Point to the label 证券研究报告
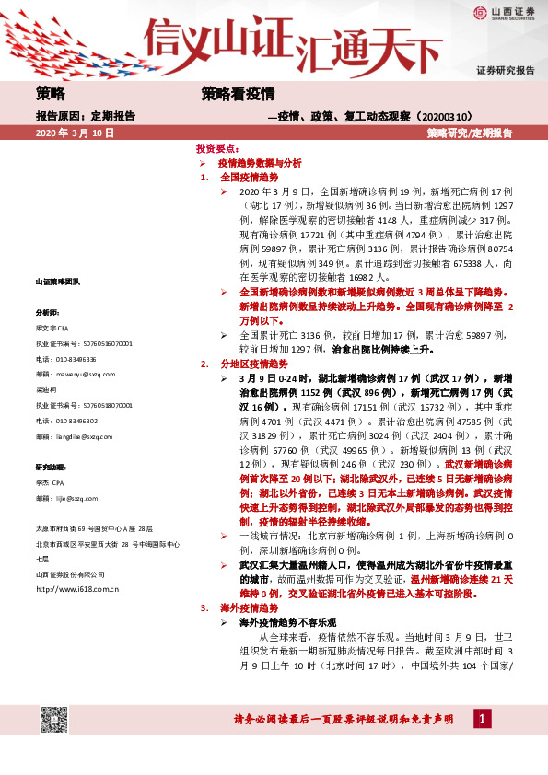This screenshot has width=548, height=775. coord(506,70)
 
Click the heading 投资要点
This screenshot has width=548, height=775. coord(217,148)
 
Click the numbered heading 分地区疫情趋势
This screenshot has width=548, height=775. coord(250,364)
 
